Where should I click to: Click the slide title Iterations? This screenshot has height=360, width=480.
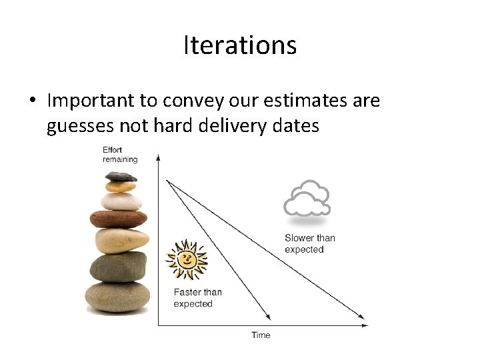[240, 45]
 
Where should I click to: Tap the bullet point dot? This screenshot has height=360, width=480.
[33, 100]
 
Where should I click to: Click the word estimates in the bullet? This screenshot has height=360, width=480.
[305, 100]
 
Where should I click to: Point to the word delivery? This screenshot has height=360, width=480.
[233, 125]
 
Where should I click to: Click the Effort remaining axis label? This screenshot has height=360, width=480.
[120, 155]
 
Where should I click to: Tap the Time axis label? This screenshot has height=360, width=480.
[261, 335]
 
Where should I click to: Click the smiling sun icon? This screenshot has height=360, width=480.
[187, 259]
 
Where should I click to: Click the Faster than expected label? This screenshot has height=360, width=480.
[197, 298]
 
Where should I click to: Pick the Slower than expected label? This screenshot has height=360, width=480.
[310, 244]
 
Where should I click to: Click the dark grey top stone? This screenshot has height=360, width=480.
[121, 176]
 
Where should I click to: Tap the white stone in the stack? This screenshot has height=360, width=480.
[121, 201]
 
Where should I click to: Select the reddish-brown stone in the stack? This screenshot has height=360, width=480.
[119, 219]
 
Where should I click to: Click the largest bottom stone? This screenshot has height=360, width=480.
[117, 297]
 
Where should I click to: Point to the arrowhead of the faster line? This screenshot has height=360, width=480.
[269, 317]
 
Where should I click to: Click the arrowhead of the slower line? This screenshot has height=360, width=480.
[361, 317]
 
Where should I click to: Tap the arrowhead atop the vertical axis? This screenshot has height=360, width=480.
[158, 157]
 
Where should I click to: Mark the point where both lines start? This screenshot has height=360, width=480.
[167, 181]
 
